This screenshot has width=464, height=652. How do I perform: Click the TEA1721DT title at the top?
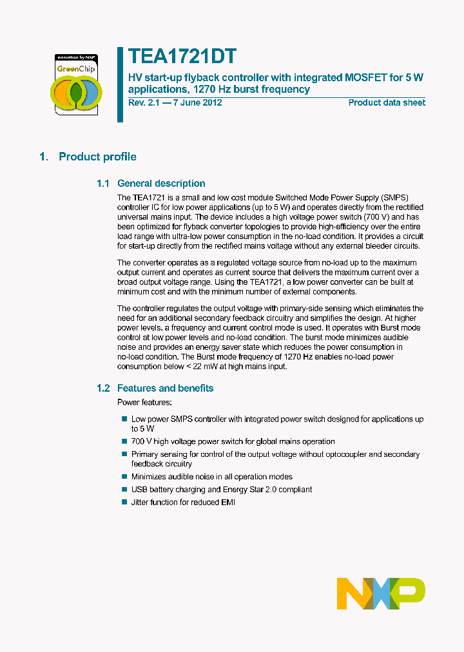click(182, 57)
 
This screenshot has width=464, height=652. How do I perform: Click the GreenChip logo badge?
click(76, 84)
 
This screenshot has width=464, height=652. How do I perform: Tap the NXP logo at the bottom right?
click(381, 593)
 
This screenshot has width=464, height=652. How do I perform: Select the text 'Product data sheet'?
click(387, 102)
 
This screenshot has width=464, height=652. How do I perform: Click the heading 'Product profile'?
click(97, 157)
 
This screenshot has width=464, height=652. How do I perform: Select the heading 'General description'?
click(161, 184)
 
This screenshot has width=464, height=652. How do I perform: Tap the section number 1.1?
click(103, 184)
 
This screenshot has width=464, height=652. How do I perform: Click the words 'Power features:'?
click(144, 402)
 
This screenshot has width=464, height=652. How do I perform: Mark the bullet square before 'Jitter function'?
click(124, 502)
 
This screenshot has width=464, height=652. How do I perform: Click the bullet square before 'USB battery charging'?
click(124, 489)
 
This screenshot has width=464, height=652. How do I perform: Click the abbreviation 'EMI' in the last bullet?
click(227, 502)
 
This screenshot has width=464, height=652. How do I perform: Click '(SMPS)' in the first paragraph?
click(395, 197)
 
